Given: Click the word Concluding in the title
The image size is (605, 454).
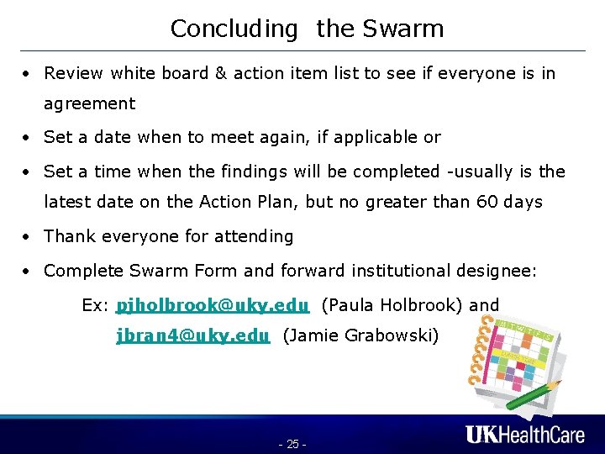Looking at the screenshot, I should (234, 29).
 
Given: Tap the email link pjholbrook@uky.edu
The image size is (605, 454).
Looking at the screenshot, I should (213, 305).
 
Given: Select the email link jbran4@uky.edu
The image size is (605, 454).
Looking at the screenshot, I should (193, 336).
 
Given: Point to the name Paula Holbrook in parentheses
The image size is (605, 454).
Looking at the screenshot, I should (410, 305).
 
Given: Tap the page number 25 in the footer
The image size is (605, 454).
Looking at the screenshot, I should (292, 444).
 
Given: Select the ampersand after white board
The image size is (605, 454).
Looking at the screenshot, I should (221, 73).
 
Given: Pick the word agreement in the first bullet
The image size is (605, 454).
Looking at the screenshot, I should (89, 104).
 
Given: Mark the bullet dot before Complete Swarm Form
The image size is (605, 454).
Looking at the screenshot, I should (28, 272).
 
